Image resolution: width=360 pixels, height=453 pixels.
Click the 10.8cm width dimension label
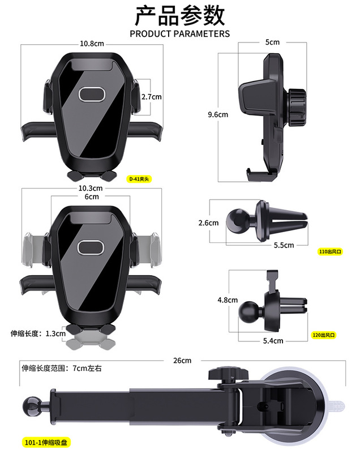[x=92, y=44]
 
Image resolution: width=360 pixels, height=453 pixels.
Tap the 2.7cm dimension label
[x=151, y=97]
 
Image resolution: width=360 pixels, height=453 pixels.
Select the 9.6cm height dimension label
[x=218, y=114]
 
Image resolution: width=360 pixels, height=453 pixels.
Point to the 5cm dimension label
[x=272, y=42]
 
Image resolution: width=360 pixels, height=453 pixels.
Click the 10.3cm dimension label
[x=90, y=188]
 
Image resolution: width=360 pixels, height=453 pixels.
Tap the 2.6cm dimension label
[x=208, y=223]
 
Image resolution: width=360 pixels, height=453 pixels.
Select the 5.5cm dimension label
[x=284, y=245]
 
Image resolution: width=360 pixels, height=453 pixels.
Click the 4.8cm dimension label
[x=228, y=300]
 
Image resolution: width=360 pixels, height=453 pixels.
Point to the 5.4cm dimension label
[x=273, y=341]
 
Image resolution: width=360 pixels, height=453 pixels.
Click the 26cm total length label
[x=182, y=361]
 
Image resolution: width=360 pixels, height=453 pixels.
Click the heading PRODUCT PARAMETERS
[x=180, y=33]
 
